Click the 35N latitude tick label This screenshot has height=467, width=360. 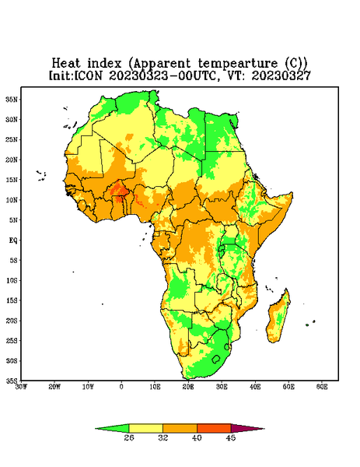click(x=12, y=99)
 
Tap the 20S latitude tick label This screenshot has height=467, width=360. click(x=12, y=321)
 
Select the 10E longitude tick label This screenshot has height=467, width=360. click(x=155, y=387)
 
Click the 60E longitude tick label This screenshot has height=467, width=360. click(x=322, y=387)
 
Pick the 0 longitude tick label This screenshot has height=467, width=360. click(x=121, y=387)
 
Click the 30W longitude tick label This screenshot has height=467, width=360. click(x=22, y=387)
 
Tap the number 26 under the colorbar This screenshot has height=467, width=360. click(x=129, y=437)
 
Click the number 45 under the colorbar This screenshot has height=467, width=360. click(x=231, y=437)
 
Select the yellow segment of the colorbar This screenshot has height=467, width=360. click(x=145, y=429)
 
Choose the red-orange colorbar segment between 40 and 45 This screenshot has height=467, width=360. click(x=214, y=429)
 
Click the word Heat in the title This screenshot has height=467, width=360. click(x=66, y=64)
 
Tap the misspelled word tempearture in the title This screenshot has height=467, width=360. click(x=238, y=64)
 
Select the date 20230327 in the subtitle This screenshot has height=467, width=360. click(x=281, y=75)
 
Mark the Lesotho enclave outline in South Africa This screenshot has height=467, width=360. click(x=216, y=359)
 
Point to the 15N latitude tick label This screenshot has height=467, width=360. click(x=12, y=180)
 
